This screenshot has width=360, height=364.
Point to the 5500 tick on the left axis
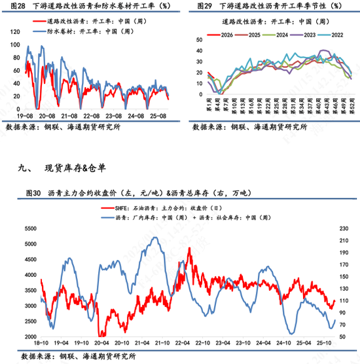point(29,228)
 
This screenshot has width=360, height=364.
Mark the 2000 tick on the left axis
point(29,337)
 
